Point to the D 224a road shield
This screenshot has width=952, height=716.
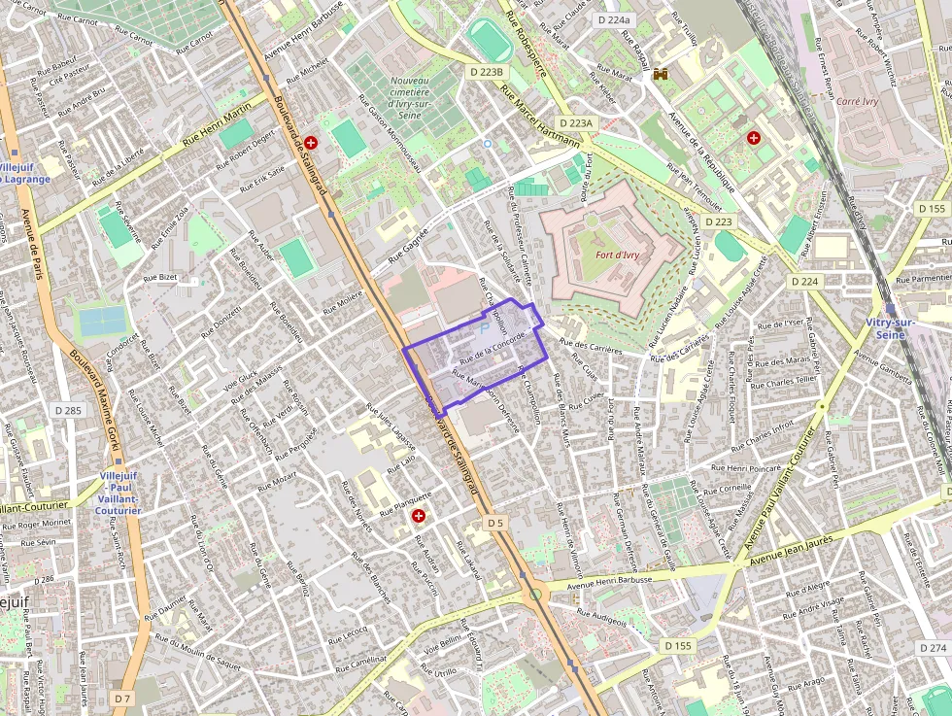(614, 19)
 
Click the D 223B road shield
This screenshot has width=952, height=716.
(486, 72)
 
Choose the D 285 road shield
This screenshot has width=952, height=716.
(68, 411)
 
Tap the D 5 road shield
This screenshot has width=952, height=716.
(496, 523)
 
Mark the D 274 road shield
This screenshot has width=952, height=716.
(932, 648)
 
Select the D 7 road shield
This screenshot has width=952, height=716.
(121, 699)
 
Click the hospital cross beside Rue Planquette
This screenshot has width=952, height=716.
(419, 516)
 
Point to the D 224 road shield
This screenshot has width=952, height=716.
(804, 281)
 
